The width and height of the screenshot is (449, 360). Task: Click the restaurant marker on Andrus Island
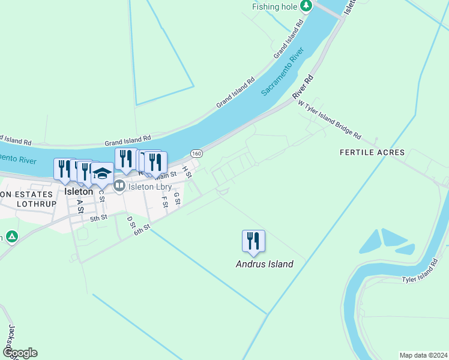pos(253,241)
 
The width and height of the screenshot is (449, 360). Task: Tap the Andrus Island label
pos(264,264)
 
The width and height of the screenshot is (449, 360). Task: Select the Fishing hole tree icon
pos(307,6)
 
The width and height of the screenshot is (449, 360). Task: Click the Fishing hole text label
pos(276,7)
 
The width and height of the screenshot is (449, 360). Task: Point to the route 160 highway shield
pos(197,154)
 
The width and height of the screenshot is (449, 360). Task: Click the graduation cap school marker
pos(102,173)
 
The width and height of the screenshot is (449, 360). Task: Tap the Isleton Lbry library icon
pos(119,187)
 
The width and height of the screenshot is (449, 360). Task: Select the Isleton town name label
pos(78,191)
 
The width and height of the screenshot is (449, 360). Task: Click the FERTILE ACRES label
pos(372,152)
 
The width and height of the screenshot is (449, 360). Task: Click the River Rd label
pos(303,88)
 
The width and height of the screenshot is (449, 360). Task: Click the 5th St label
pos(98,218)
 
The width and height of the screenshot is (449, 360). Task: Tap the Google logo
pos(19,353)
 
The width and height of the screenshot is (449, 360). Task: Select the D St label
pos(130,223)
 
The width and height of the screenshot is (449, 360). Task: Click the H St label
pos(187,173)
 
